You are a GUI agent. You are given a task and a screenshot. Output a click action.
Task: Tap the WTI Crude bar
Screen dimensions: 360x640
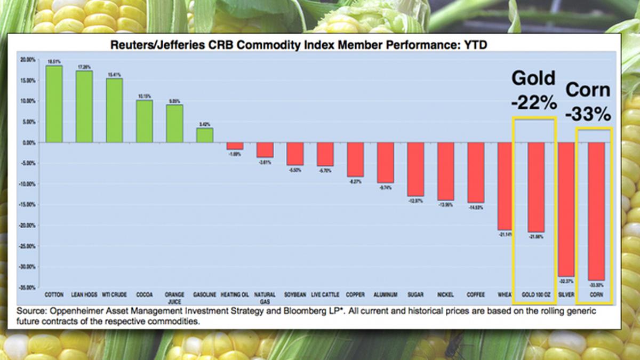click(114, 110)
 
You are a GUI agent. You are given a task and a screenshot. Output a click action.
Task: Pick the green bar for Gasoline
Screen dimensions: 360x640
click(204, 135)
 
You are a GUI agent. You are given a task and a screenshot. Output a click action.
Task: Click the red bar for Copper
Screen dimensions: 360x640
click(355, 159)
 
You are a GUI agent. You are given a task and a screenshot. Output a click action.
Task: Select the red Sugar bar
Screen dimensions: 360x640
click(415, 169)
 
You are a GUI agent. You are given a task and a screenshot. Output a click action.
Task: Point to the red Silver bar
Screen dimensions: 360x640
click(566, 209)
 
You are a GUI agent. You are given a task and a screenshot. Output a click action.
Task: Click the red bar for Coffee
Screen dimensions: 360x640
click(476, 172)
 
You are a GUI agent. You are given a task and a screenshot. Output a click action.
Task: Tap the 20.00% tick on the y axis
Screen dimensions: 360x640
click(28, 60)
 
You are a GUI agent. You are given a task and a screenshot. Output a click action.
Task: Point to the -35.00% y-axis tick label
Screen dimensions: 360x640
click(27, 287)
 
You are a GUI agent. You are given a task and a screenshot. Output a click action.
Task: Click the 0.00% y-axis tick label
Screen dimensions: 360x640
click(29, 142)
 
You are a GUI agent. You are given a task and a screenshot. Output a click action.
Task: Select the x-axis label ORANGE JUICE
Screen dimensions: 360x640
click(174, 298)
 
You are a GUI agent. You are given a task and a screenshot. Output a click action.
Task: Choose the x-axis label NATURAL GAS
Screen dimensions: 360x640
click(265, 298)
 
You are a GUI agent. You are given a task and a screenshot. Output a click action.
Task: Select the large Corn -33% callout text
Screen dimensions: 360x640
click(588, 101)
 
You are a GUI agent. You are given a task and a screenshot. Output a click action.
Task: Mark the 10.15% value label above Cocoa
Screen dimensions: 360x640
click(144, 97)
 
